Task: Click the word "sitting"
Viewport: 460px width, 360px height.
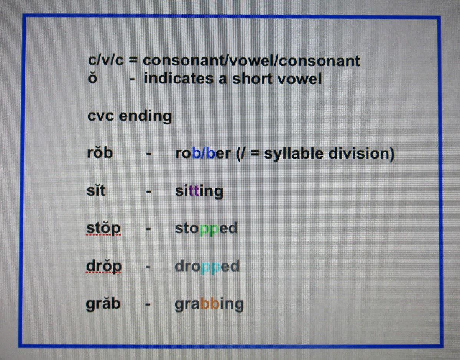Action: tap(199, 191)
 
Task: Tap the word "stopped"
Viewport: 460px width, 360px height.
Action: tap(206, 229)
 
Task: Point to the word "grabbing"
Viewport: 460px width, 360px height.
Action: tap(209, 305)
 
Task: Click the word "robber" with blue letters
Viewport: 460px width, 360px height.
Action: tap(203, 154)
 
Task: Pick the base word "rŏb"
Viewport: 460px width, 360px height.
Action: tap(100, 153)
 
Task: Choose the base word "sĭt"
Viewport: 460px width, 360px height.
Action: tap(96, 190)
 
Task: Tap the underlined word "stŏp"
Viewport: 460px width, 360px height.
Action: tap(103, 229)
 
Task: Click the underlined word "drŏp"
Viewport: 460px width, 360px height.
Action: tap(104, 266)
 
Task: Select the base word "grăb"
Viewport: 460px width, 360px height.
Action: tap(103, 304)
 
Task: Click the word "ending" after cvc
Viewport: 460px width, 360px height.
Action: tap(145, 116)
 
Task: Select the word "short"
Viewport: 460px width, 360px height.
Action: tap(252, 79)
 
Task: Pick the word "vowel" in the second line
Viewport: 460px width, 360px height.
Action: tap(299, 79)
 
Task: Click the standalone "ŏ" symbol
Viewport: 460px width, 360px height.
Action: tap(92, 78)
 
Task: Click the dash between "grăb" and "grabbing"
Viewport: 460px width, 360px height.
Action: tap(148, 305)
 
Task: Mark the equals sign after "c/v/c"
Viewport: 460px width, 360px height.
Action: tap(133, 61)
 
